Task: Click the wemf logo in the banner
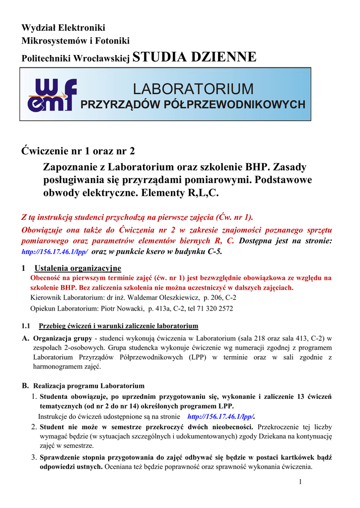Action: (52, 94)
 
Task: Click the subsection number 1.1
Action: (27, 326)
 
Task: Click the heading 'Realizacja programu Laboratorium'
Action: (89, 385)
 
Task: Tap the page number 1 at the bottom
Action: (300, 483)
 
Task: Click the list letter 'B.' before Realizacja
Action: (26, 385)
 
